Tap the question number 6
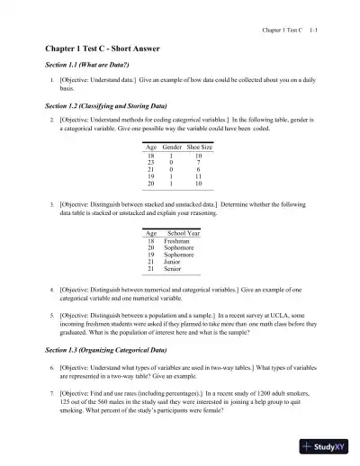(52, 369)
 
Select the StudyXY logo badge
(328, 446)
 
